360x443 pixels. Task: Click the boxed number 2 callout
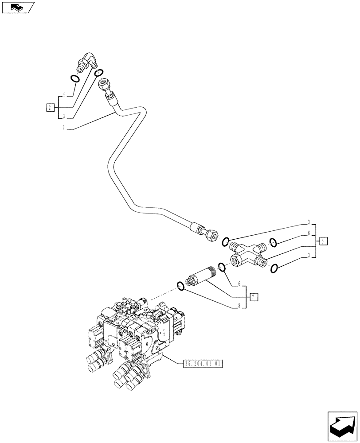51,107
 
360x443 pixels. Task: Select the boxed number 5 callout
324,241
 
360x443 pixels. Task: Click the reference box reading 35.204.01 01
202,364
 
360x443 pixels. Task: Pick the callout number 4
64,95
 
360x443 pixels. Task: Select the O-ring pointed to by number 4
76,79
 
